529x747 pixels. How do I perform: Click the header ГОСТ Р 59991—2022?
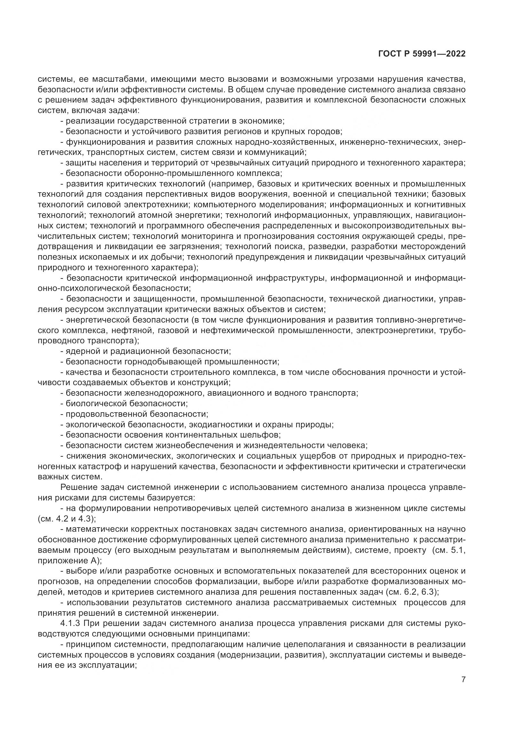click(422, 54)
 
